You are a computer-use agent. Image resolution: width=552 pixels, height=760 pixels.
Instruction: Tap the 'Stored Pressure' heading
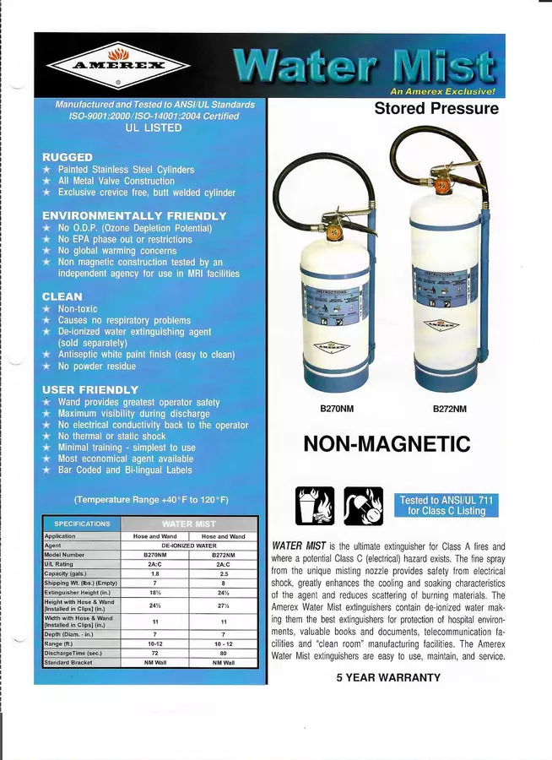[x=436, y=109]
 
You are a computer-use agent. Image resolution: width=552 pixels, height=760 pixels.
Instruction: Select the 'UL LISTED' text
[x=153, y=128]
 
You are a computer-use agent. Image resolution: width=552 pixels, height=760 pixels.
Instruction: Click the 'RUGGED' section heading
[x=68, y=158]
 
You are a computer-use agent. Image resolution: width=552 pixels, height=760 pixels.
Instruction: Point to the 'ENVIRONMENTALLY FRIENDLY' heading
[x=134, y=216]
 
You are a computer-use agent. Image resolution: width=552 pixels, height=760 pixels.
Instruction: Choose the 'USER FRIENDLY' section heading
[x=90, y=390]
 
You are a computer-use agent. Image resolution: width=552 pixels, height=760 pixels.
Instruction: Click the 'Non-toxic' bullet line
[x=78, y=309]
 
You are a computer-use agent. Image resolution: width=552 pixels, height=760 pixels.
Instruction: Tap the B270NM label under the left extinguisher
[x=336, y=410]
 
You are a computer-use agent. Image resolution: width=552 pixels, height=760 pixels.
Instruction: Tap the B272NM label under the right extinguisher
[x=449, y=410]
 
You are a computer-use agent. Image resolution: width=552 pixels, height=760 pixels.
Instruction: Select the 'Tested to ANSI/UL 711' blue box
[x=446, y=506]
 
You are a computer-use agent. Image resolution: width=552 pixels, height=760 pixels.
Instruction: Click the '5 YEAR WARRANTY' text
[x=387, y=678]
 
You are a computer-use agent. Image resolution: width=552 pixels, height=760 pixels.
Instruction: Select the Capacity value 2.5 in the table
[x=224, y=574]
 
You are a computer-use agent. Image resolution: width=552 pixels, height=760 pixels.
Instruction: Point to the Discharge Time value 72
[x=154, y=654]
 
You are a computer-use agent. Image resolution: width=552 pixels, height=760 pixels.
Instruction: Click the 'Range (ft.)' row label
[x=60, y=644]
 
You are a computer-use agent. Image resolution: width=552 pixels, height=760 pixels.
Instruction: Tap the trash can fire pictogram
[x=314, y=506]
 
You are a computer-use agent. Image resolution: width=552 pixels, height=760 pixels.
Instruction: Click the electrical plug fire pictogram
[x=362, y=506]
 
